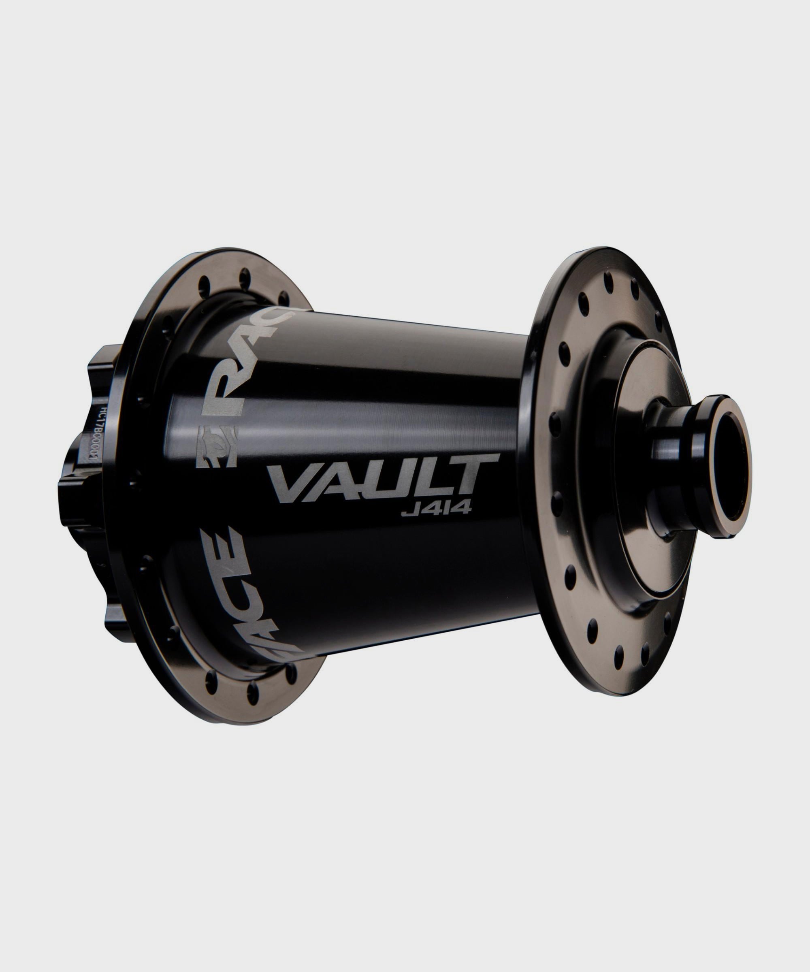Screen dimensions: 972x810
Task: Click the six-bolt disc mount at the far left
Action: (83, 467)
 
